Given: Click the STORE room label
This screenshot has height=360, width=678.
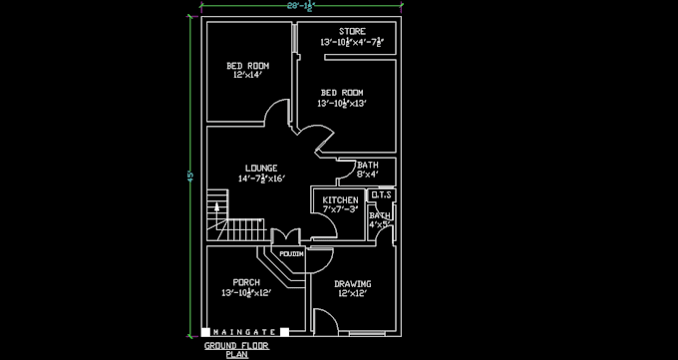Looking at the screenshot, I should point(351,31).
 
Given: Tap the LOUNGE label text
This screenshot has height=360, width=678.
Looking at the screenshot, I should point(261,168).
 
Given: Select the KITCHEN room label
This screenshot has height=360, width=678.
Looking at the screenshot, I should point(340,200).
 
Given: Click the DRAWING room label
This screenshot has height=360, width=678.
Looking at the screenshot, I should point(352,283).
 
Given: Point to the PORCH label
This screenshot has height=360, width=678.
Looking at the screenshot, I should point(246,282).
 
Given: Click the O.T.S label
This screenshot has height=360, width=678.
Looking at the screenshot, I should point(381,195).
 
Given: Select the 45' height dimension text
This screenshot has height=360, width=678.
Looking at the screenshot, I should point(189,175).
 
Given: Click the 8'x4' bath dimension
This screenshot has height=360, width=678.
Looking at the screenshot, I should point(367,176).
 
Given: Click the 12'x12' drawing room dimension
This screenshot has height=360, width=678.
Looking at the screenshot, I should point(352,294).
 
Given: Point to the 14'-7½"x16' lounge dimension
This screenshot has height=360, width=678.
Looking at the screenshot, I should point(261,180).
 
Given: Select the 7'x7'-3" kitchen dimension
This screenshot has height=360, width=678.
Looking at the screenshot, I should point(340,210).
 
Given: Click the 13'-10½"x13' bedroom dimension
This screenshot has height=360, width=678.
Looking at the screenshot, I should point(342,104).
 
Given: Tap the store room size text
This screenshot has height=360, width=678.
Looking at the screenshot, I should point(351,43).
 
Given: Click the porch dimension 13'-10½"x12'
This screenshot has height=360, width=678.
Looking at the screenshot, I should point(246,294).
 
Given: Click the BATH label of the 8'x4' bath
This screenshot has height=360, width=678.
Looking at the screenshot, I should point(367,166).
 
